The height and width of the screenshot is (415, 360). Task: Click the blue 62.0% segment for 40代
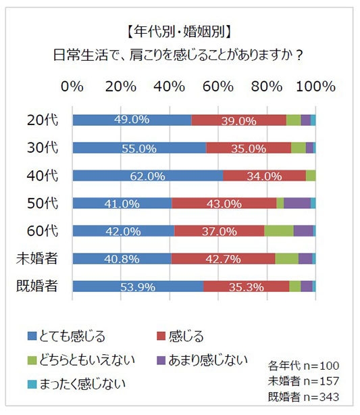(147, 176)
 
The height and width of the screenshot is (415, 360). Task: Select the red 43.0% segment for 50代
(224, 203)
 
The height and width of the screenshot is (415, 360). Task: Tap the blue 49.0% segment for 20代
(132, 120)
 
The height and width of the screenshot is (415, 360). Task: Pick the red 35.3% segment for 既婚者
(246, 286)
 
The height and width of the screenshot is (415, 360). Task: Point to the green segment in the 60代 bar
(278, 230)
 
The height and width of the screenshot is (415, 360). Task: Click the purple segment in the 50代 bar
(297, 203)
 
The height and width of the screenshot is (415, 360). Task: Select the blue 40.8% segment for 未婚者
(122, 258)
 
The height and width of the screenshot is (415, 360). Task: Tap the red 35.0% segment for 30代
(248, 148)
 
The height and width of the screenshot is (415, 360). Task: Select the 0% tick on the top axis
(72, 87)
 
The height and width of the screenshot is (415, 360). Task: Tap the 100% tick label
(315, 87)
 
